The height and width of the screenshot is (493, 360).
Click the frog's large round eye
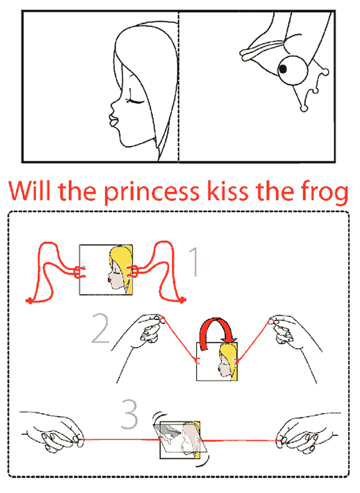click(x=292, y=70)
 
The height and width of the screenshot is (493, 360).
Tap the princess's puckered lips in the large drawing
click(x=113, y=120)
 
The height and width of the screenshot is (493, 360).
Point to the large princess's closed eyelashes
click(x=135, y=101)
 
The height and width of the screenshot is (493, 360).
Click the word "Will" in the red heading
click(x=29, y=191)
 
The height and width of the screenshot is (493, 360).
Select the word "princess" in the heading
click(x=152, y=193)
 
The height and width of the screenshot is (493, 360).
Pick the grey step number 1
click(x=194, y=262)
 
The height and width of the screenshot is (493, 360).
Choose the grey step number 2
click(x=100, y=328)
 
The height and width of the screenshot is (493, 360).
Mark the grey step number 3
click(x=130, y=414)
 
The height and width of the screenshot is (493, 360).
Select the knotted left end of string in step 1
click(x=29, y=301)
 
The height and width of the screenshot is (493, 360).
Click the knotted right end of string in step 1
click(x=182, y=300)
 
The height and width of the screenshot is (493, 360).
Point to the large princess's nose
click(x=113, y=106)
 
